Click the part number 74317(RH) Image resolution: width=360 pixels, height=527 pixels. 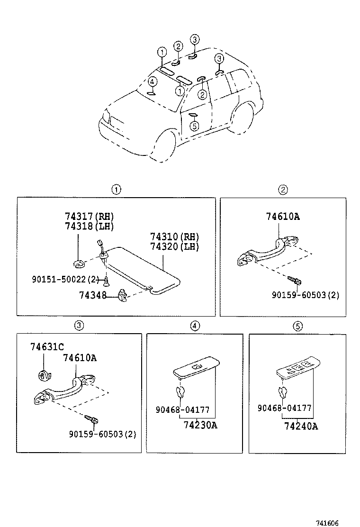pos(90,217)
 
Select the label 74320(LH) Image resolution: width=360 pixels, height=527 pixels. pos(174,247)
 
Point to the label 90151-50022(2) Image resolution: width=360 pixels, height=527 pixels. pos(65,280)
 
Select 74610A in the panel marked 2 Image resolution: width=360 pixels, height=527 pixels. pos(283,218)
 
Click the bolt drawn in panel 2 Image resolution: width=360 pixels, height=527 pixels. pos(294,281)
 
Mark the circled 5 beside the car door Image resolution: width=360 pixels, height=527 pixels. pos(193,126)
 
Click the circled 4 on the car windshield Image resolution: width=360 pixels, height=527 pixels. pos(152,82)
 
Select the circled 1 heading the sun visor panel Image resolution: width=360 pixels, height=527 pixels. pos(116,190)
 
